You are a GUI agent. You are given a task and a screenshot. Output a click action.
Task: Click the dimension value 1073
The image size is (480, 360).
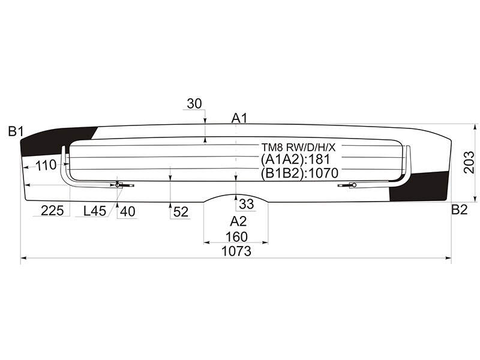236,251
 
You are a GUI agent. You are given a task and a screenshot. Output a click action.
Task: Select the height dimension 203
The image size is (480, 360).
469,163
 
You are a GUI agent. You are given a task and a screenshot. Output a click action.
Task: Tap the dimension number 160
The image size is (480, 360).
236,237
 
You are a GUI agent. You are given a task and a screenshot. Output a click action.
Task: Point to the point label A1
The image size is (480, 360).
239,118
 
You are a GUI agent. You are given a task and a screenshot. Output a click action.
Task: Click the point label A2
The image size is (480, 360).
238,221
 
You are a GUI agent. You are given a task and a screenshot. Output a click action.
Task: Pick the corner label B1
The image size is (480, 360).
16,131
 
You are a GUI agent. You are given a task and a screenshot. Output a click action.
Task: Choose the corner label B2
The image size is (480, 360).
459,209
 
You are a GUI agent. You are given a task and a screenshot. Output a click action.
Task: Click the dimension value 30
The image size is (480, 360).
194,104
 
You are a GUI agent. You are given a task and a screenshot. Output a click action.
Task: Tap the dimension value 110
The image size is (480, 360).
46,166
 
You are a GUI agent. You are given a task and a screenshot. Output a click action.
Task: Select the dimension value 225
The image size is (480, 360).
52,211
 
